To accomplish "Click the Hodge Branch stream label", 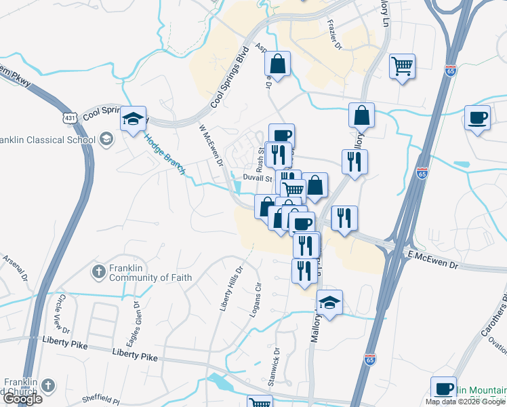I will pyautogui.click(x=165, y=154).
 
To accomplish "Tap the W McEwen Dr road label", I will pyautogui.click(x=211, y=144).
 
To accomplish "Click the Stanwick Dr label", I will pyautogui.click(x=276, y=367).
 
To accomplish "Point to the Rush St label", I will pyautogui.click(x=260, y=161).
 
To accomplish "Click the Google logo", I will pyautogui.click(x=22, y=399).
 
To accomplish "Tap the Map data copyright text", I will pyautogui.click(x=464, y=402).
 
